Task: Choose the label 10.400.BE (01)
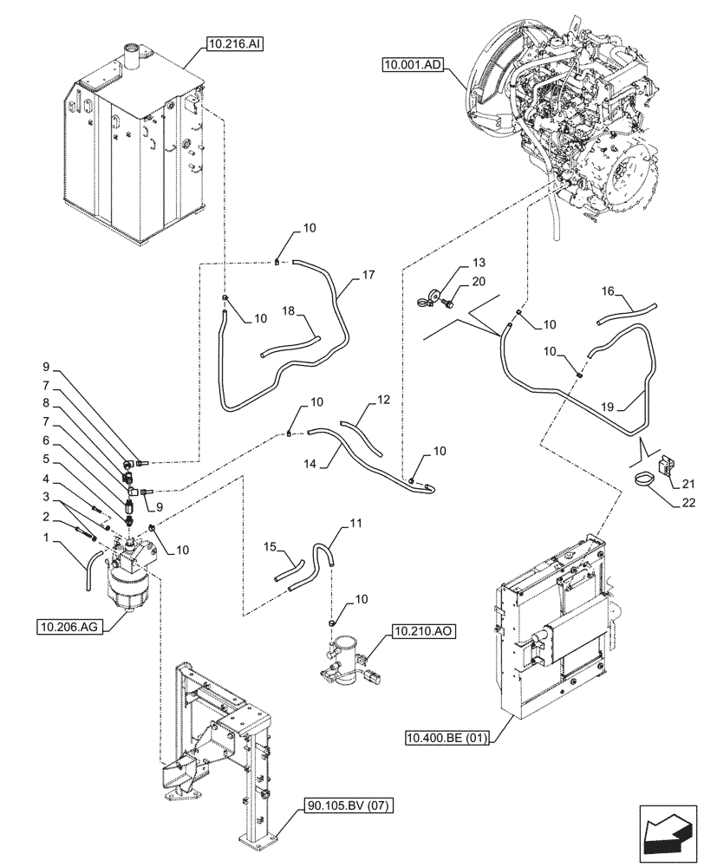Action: point(447,738)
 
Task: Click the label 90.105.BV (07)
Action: point(349,805)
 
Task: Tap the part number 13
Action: point(455,262)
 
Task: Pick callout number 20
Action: point(479,281)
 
